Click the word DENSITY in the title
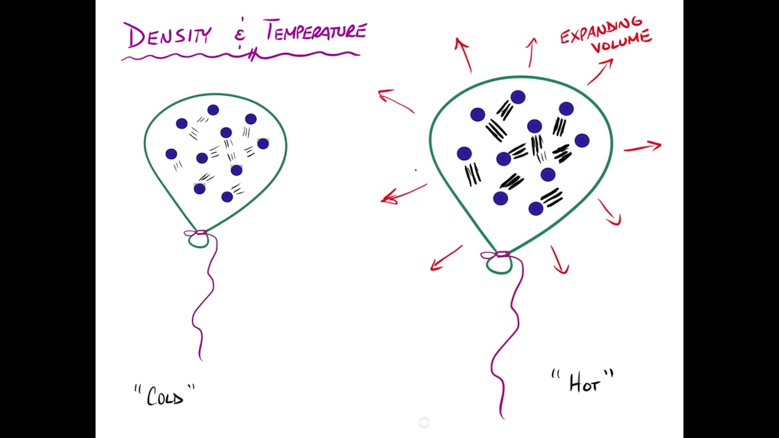(x=170, y=35)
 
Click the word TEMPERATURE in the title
(x=315, y=30)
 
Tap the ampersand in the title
(x=240, y=35)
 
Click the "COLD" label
(x=165, y=395)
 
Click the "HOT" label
(x=583, y=381)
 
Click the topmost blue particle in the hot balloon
(x=518, y=97)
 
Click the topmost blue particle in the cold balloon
(x=213, y=110)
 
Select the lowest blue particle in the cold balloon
(x=227, y=197)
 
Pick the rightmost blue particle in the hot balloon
(x=582, y=141)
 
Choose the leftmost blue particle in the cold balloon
(x=172, y=154)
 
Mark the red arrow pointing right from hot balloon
(x=643, y=147)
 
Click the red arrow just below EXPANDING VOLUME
(x=601, y=71)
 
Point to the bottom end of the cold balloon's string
(x=201, y=361)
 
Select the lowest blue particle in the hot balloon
(x=536, y=209)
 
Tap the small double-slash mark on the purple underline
(x=253, y=55)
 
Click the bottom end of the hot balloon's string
(x=504, y=419)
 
